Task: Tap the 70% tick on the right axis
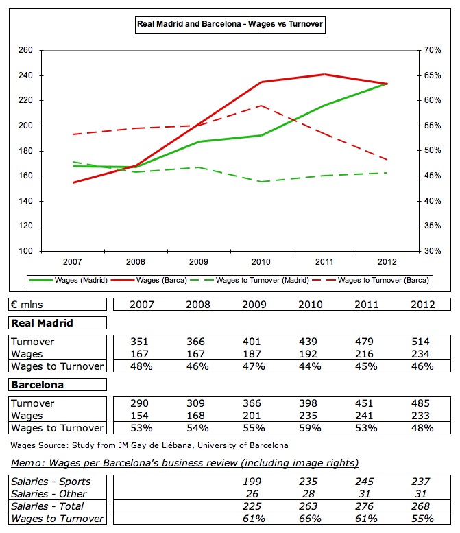(433, 51)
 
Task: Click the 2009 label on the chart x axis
(198, 261)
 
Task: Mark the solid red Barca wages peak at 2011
(324, 74)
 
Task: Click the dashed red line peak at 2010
(261, 106)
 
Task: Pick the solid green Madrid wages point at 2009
(198, 142)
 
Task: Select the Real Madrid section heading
(42, 322)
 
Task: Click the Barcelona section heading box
(37, 384)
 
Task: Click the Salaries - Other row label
(49, 494)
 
